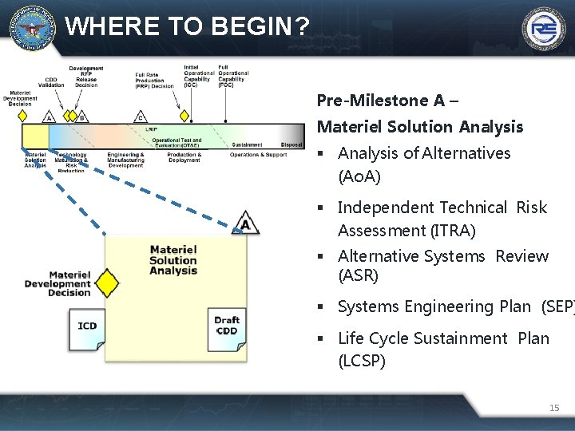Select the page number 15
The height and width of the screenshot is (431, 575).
coord(554,408)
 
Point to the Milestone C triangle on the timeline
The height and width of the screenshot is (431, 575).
coord(141,117)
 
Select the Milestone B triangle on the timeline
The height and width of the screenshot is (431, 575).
coord(81,117)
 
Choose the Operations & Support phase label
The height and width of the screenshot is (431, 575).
coord(258,155)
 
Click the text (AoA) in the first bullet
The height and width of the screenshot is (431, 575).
coord(359,176)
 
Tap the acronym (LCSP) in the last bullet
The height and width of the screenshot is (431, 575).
coord(362,361)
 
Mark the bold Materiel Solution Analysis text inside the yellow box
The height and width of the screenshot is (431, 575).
coord(173,260)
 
